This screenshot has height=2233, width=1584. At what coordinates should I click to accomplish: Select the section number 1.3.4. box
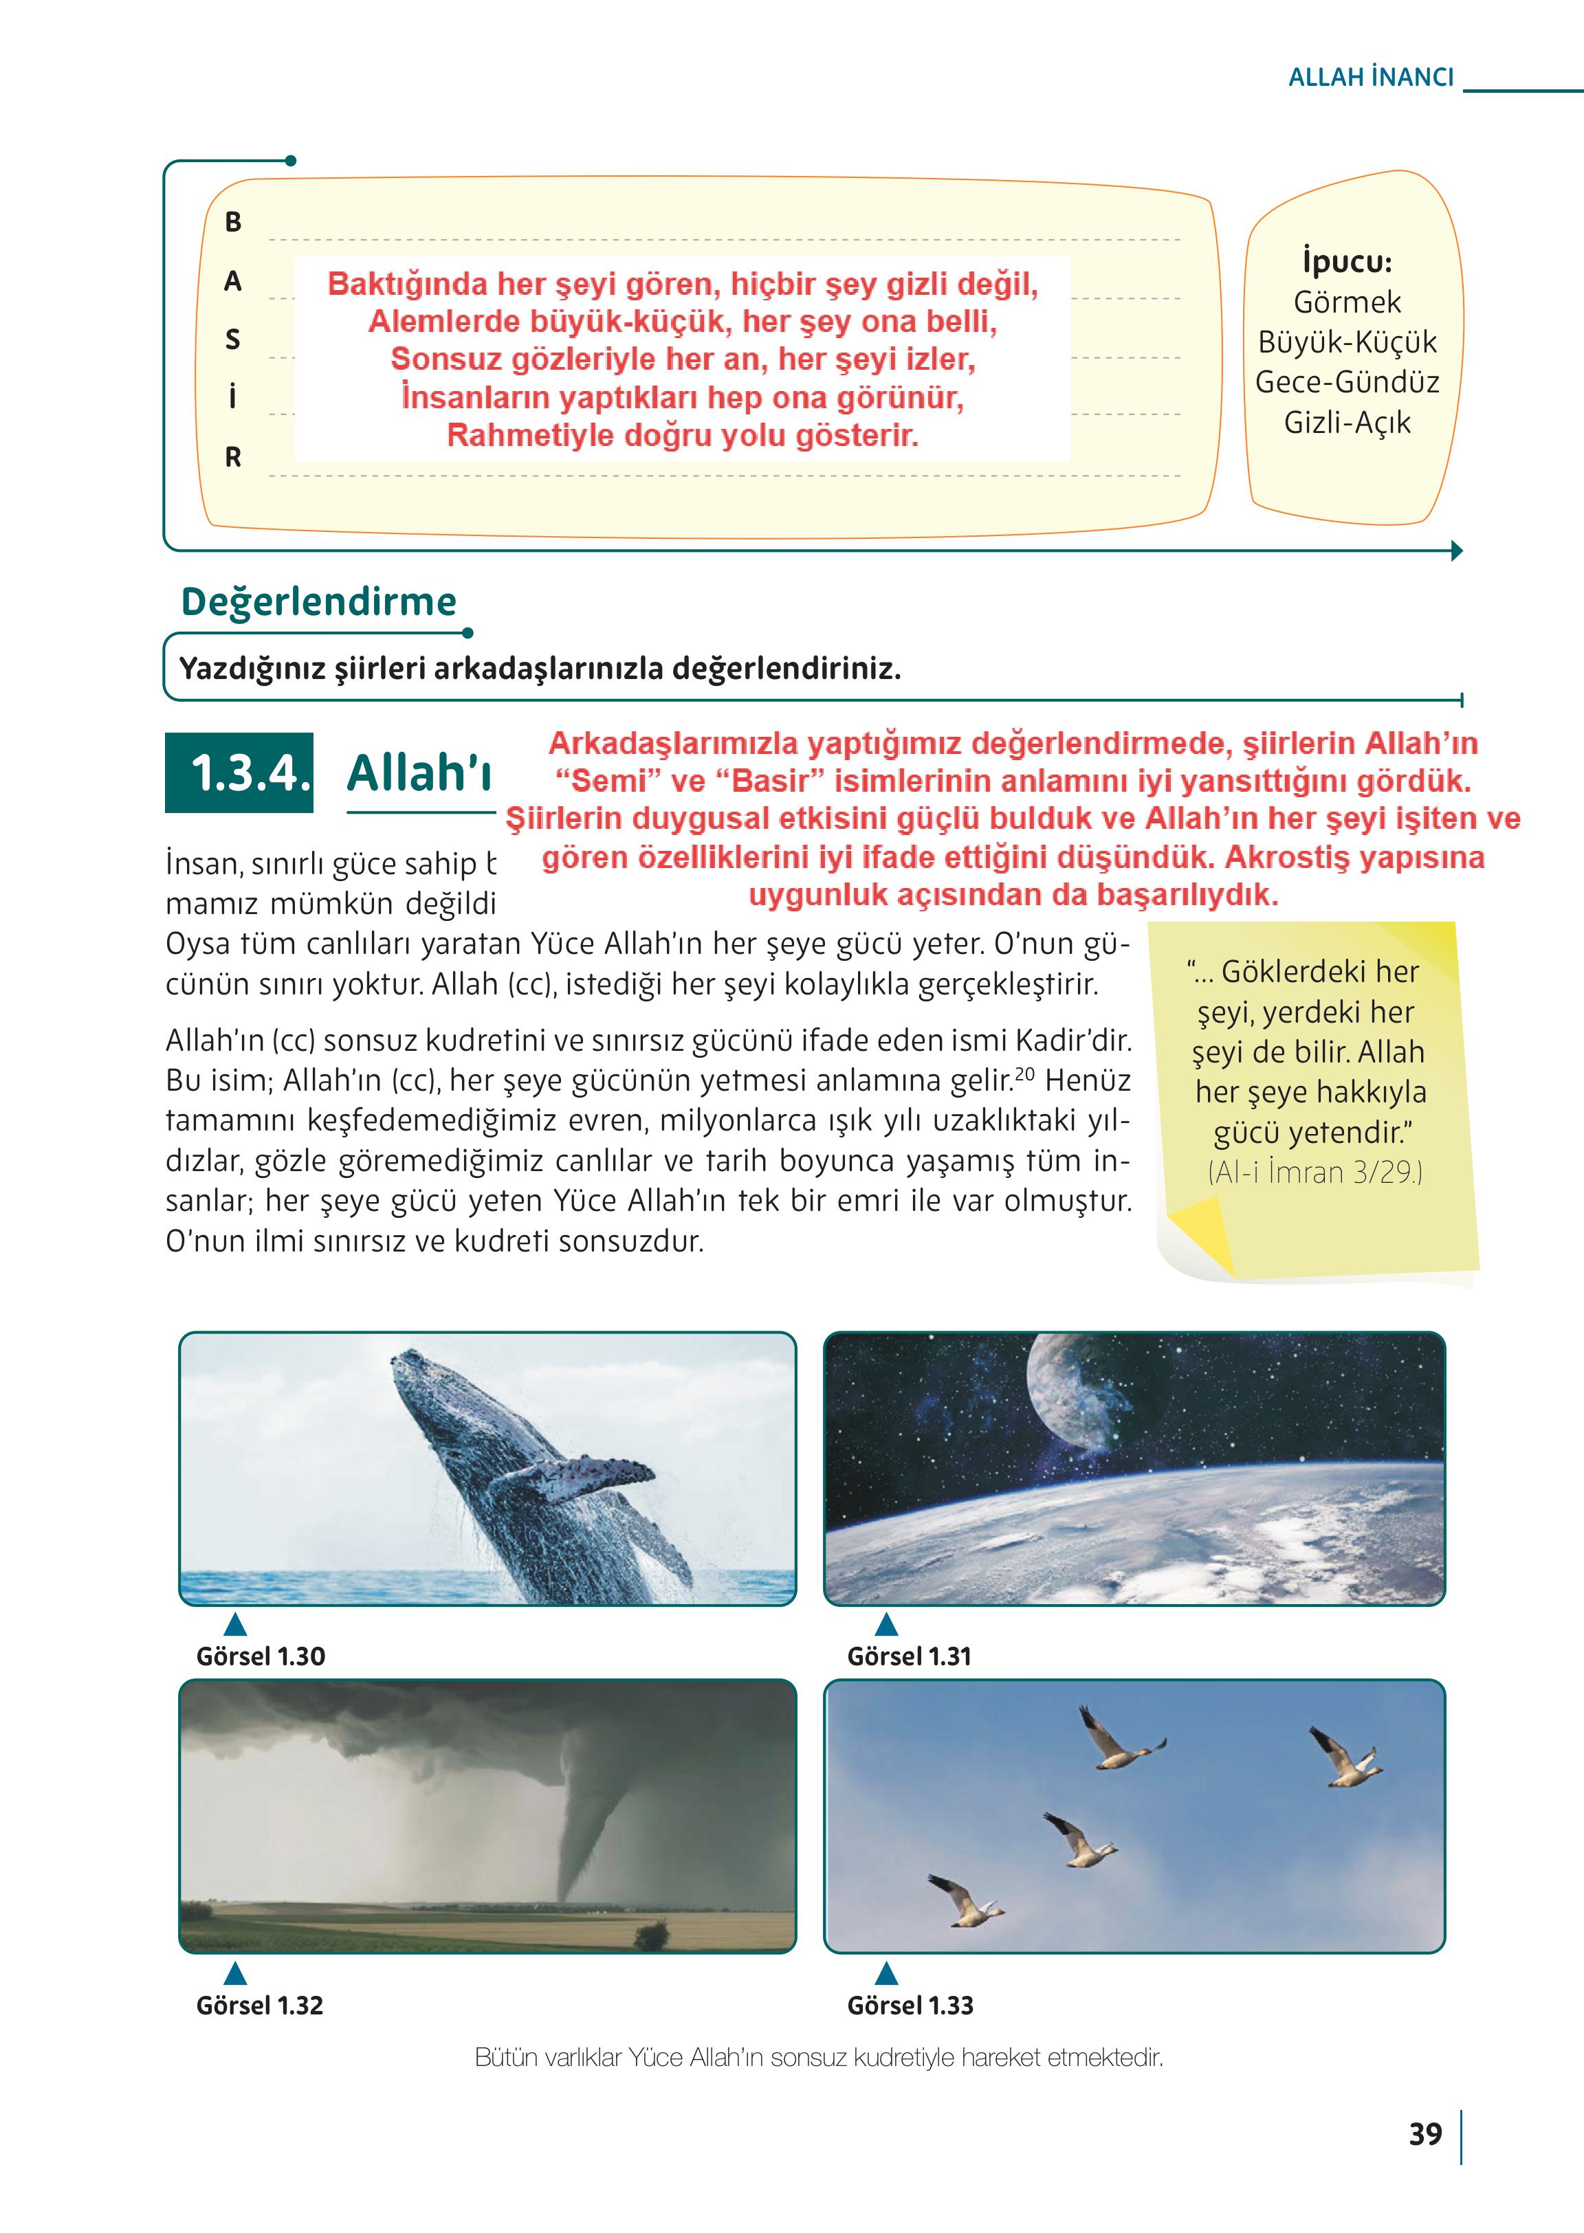point(240,773)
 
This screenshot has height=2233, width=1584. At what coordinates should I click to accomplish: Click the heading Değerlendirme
point(319,601)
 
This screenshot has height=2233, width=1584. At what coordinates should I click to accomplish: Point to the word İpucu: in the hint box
point(1347,261)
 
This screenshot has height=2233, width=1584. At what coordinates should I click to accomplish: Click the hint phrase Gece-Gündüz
point(1347,382)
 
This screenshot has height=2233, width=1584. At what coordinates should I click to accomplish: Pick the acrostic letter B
point(233,222)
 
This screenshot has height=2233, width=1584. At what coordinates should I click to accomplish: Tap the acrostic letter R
point(233,457)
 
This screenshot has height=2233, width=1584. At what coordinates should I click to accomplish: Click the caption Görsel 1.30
point(261,1656)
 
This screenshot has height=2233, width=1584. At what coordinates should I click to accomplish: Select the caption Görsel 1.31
point(909,1656)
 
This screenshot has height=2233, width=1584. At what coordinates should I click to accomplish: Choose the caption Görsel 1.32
point(259,2005)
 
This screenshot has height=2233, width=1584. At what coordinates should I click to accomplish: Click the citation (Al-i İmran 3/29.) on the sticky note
point(1314,1172)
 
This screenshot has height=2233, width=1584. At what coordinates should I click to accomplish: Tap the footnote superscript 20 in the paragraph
point(1024,1074)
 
